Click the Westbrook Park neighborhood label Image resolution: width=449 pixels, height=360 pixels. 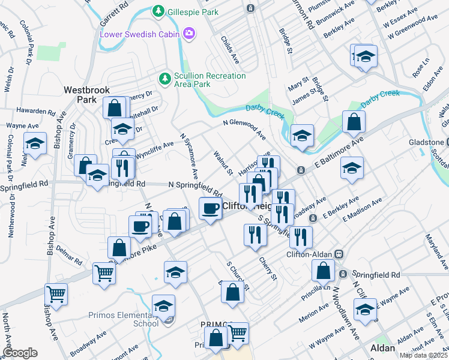click(x=88, y=94)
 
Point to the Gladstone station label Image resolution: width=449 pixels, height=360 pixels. click(x=429, y=142)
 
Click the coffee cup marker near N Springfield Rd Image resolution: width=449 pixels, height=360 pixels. click(x=210, y=209)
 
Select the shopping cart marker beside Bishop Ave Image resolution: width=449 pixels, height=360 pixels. click(x=56, y=294)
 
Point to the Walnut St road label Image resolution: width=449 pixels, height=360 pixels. click(x=223, y=163)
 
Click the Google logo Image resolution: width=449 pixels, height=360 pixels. click(x=20, y=353)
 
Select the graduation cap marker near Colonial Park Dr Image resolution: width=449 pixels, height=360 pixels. click(x=35, y=143)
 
